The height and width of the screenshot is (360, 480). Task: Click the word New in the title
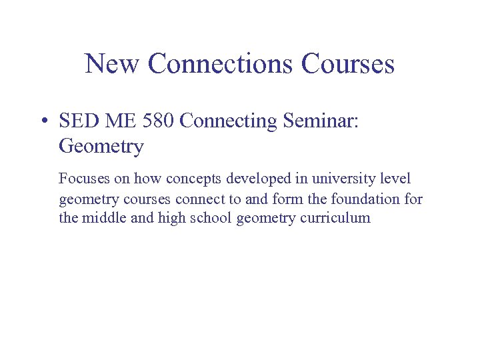point(113,64)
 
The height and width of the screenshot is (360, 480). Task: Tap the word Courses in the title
point(348,64)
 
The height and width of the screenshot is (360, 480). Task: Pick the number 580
point(157,121)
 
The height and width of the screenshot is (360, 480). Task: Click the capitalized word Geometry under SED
point(101,146)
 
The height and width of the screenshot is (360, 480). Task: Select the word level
point(397,179)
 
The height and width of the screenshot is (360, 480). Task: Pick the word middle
point(103,217)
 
